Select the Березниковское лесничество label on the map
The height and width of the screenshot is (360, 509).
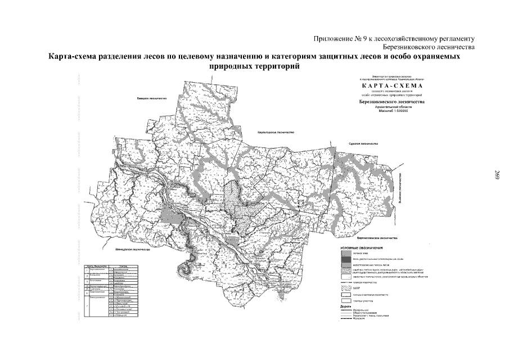click(x=276, y=133)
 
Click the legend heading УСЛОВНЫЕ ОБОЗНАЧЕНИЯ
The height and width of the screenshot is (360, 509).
click(x=362, y=247)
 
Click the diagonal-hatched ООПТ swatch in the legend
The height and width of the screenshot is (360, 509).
click(x=345, y=286)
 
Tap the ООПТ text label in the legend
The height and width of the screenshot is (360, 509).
click(x=357, y=286)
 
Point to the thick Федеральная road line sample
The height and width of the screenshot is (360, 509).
click(x=345, y=310)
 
